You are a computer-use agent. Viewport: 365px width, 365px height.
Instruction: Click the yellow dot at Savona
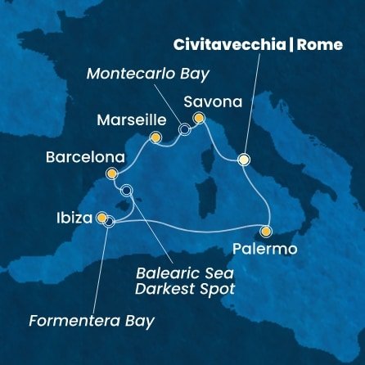point(198,119)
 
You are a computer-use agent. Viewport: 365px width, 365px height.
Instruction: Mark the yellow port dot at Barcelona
point(112,173)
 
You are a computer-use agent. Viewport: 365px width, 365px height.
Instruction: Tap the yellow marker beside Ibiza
point(101,219)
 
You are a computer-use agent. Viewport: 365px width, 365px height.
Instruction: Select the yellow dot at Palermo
point(267,231)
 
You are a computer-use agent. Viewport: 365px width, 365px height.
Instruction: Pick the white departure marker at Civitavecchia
point(243,160)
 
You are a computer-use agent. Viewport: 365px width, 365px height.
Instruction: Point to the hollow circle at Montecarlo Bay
point(185,128)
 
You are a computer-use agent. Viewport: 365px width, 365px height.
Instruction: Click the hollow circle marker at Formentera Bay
point(109,222)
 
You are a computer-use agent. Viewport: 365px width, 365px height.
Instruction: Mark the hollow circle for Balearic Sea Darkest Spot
point(126,191)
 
